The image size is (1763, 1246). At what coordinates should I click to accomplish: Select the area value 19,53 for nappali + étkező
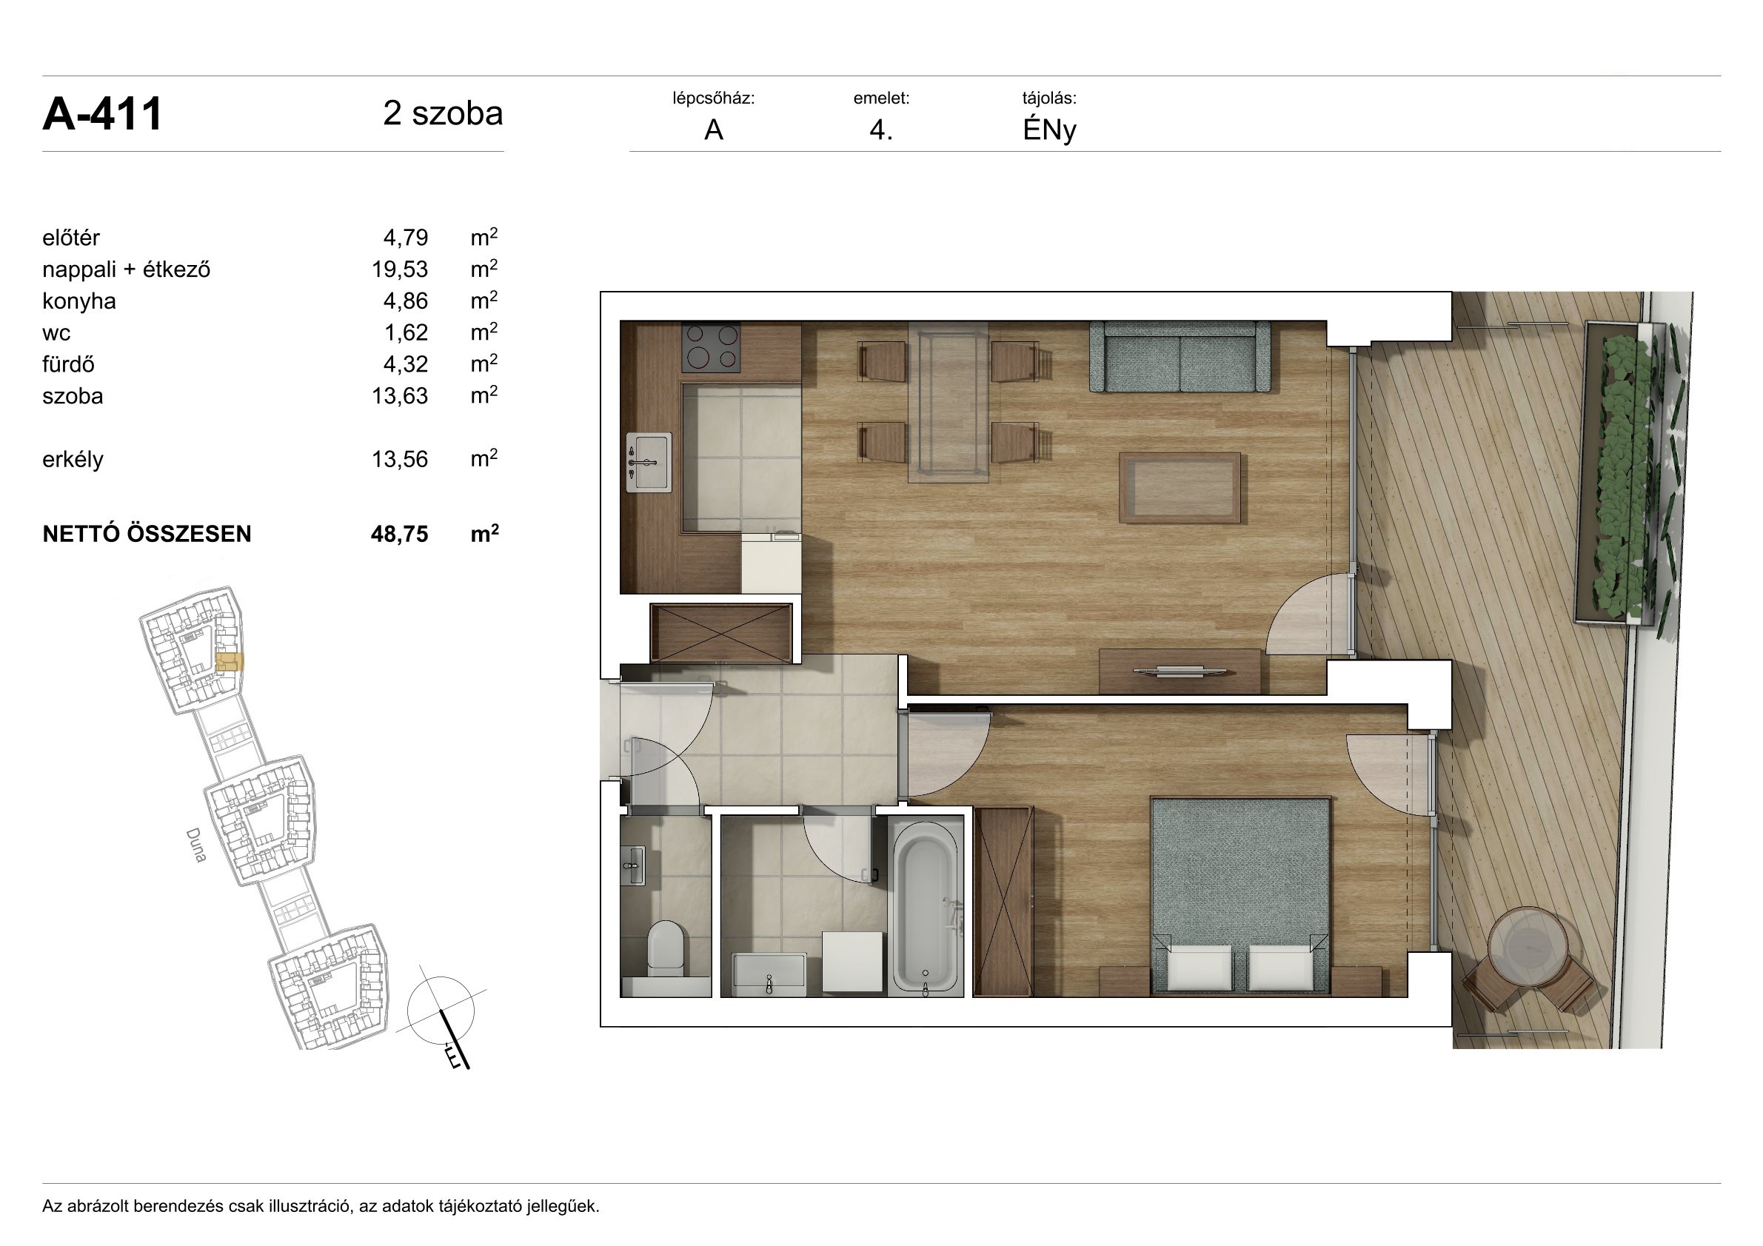[399, 269]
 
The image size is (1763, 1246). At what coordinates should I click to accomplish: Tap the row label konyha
[79, 301]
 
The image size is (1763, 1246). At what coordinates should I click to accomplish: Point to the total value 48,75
[399, 534]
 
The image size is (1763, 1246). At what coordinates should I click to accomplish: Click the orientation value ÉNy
[1049, 130]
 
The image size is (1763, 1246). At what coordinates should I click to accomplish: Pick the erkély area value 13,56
[399, 459]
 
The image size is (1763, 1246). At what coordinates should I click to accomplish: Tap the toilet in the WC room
[665, 949]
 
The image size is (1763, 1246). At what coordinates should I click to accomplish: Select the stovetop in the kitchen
[711, 347]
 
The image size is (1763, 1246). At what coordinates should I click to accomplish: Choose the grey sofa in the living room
[1180, 356]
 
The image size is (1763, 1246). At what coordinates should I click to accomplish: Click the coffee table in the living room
[1180, 487]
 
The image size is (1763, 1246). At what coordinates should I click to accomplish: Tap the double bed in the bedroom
[1240, 896]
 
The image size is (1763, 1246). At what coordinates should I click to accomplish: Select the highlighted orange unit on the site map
[230, 663]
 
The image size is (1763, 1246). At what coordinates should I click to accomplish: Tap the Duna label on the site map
[196, 845]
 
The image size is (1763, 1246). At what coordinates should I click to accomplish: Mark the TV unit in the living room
[1180, 671]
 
